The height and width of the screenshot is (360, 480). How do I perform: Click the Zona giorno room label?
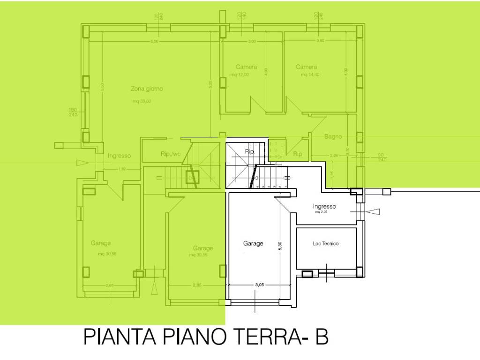[x=147, y=89]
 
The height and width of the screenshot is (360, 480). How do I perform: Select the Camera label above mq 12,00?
[x=246, y=67]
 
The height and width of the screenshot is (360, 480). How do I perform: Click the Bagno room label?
[x=333, y=137]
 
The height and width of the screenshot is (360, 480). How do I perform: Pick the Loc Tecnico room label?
[x=325, y=243]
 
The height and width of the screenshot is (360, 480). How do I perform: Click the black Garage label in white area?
[x=253, y=243]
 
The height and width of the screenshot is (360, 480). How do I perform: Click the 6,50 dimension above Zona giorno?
[x=154, y=42]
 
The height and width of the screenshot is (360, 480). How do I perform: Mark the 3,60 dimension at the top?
[x=320, y=41]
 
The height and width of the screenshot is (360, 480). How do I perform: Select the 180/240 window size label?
[x=73, y=112]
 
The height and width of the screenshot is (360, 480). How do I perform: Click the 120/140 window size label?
[x=241, y=16]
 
